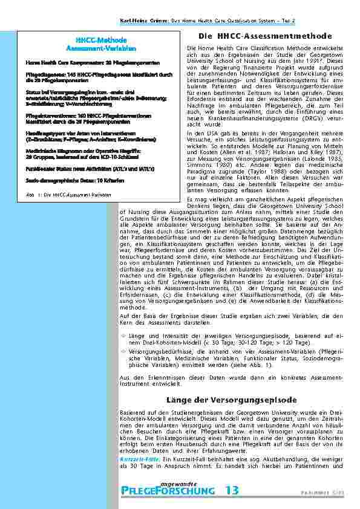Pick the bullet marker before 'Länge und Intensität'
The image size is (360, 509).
pos(123,335)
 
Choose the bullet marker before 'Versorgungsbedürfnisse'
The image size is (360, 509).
pos(123,350)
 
